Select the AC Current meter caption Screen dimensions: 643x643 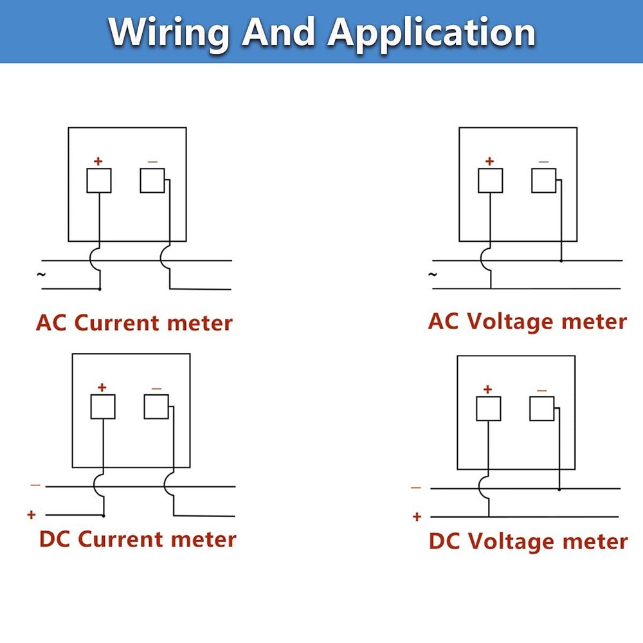[134, 323]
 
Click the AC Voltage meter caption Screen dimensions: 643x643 [527, 321]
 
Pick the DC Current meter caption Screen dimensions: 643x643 [138, 539]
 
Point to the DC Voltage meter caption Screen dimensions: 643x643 [528, 541]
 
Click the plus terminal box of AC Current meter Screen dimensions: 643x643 [99, 181]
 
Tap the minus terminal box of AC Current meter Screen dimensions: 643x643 [152, 181]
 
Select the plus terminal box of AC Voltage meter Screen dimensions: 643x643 [491, 181]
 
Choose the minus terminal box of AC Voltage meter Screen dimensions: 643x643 [544, 181]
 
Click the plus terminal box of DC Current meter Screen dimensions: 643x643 [103, 407]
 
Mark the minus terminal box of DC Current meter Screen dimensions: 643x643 [156, 407]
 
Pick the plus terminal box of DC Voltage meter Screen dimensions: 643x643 [489, 408]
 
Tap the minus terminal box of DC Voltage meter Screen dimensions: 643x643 [541, 408]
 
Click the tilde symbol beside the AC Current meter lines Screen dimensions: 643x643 [41, 275]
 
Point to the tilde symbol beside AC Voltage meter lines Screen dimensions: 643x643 [432, 275]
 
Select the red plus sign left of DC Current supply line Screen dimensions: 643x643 [31, 514]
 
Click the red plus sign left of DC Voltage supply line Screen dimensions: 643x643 [417, 517]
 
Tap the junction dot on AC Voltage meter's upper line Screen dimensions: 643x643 [561, 261]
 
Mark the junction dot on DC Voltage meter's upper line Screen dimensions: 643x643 [559, 489]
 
